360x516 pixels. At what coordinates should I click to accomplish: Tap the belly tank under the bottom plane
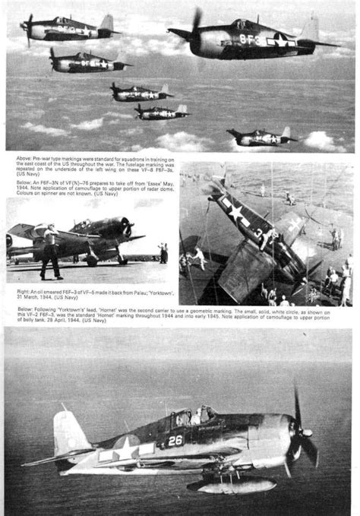[228, 483]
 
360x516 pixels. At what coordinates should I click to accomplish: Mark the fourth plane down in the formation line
[160, 112]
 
